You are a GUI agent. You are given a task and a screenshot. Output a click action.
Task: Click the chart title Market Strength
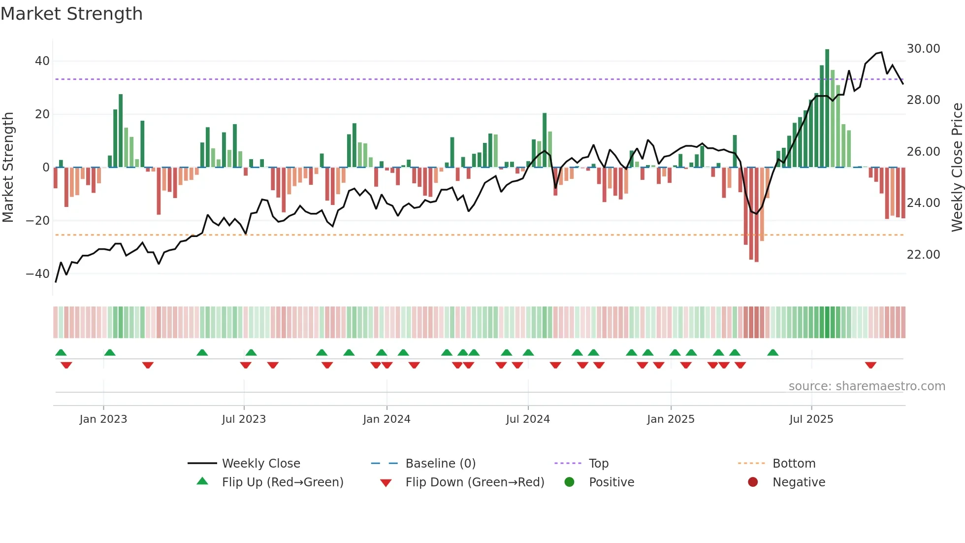pos(71,14)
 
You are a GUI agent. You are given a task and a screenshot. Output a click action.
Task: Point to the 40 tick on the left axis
pos(42,61)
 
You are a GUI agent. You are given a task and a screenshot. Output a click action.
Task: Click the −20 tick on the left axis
pos(38,221)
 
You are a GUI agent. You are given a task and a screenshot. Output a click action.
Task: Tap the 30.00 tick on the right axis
pos(923,49)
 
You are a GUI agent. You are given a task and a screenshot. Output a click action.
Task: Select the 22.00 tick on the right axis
pos(923,255)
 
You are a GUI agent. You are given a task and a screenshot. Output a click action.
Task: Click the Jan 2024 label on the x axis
pos(386,419)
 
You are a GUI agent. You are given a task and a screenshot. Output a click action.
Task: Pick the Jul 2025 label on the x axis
pos(811,419)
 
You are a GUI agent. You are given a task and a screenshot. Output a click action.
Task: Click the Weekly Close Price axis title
pos(957,168)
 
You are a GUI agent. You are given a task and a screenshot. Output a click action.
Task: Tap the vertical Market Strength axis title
pos(8,168)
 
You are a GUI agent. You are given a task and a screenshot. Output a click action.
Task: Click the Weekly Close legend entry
pos(260,464)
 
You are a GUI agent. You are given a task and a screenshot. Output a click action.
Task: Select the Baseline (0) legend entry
pos(440,464)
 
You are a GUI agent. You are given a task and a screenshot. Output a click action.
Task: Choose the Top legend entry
pos(598,464)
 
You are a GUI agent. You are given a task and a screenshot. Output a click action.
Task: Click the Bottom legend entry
pos(794,464)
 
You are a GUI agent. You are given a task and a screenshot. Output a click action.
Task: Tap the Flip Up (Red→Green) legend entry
pos(282,482)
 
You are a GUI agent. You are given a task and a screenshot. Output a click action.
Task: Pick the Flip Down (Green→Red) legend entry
pos(475,482)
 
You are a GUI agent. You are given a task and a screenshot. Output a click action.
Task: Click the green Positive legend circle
pos(570,482)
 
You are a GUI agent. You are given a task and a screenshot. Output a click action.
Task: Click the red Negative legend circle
pos(753,482)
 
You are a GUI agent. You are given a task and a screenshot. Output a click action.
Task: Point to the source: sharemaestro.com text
pos(867,386)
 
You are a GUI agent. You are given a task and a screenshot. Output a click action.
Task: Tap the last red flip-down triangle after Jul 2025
pos(870,365)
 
